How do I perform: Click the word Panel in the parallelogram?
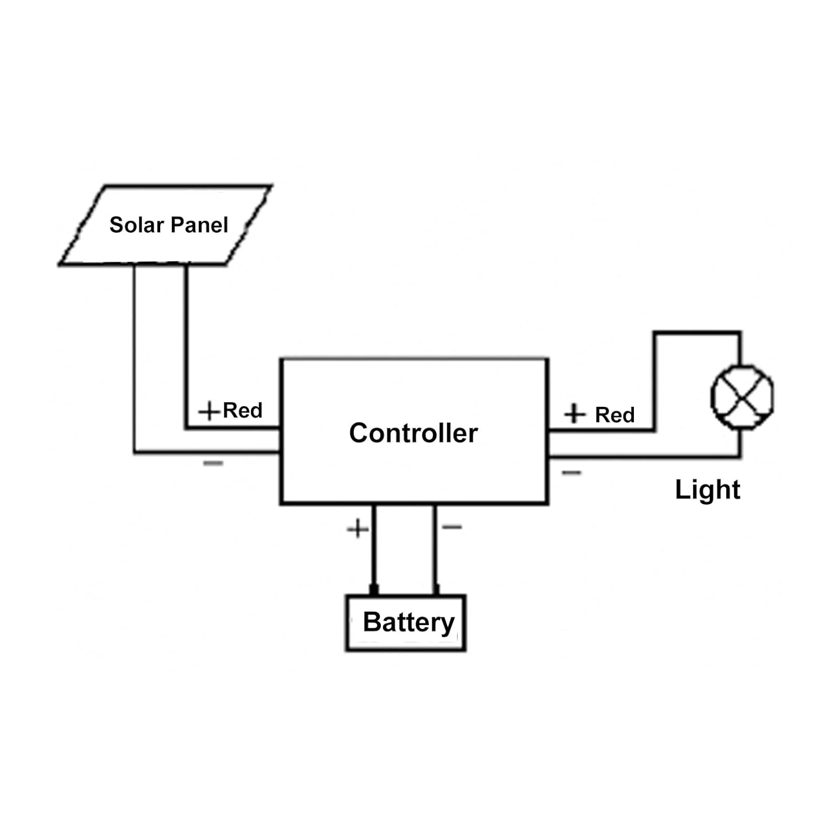[199, 225]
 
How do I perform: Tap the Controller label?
[413, 433]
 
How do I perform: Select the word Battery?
[408, 622]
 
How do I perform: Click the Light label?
[707, 490]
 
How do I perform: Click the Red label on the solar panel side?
[243, 411]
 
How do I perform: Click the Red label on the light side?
[615, 415]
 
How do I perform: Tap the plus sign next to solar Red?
[209, 411]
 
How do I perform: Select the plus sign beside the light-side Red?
[574, 413]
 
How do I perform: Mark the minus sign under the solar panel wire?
[213, 463]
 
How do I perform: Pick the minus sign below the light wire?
[571, 473]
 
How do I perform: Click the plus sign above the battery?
[358, 529]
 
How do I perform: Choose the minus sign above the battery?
[452, 527]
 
